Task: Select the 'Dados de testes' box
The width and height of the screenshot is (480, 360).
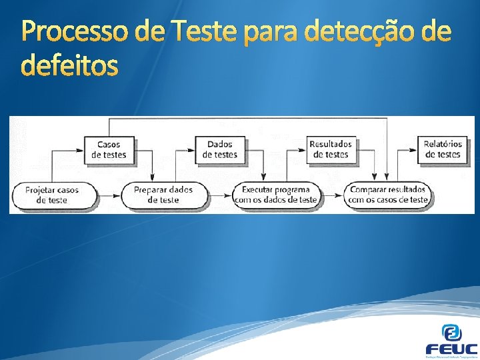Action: click(x=221, y=149)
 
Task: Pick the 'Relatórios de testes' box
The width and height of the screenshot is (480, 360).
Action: click(x=443, y=149)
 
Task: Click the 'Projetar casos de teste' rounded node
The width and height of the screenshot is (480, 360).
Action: click(x=52, y=195)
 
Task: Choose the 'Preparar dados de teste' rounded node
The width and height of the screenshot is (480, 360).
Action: click(x=163, y=195)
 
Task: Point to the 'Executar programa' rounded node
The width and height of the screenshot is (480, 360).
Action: click(x=275, y=195)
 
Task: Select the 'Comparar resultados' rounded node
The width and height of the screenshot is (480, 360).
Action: click(x=387, y=195)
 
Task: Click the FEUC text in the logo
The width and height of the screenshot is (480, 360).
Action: click(x=451, y=349)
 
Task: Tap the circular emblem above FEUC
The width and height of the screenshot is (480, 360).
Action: click(x=451, y=331)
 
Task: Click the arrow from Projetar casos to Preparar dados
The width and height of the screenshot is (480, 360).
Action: click(x=108, y=195)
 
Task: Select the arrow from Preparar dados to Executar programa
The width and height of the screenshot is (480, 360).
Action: click(x=219, y=195)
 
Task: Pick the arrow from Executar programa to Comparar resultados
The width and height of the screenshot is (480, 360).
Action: click(x=331, y=195)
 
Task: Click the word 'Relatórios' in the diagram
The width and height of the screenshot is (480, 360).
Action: click(x=443, y=144)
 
